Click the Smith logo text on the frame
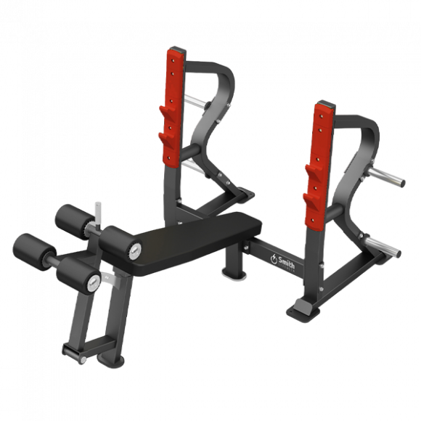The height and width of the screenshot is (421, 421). click(x=287, y=261)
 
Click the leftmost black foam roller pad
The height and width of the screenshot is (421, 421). click(x=34, y=252)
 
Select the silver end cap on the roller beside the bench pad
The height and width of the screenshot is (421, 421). click(x=135, y=251)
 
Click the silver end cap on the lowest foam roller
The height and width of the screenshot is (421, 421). click(x=94, y=283)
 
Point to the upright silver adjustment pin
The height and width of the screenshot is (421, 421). click(x=98, y=214)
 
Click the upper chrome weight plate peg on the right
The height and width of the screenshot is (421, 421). click(x=387, y=176)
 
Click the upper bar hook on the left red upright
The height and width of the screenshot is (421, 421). click(x=167, y=113)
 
